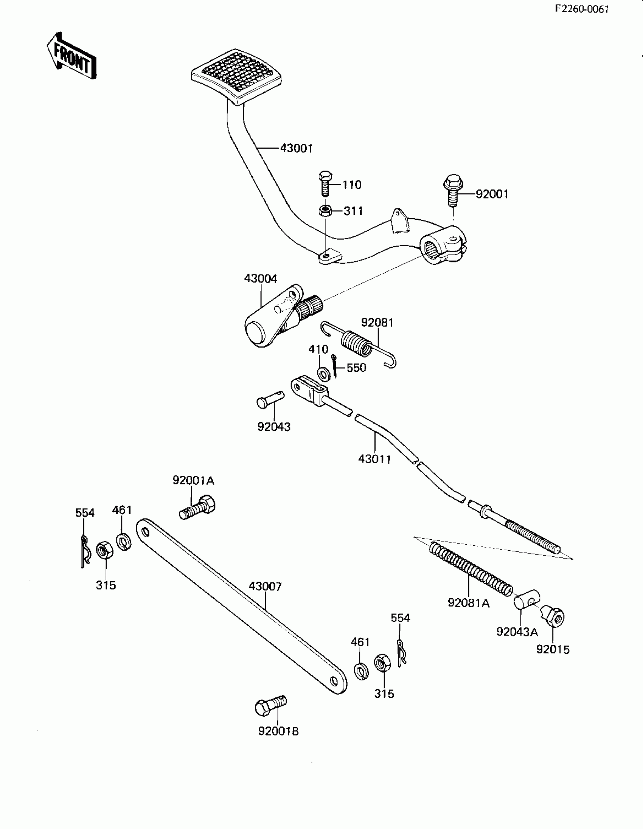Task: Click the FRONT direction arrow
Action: coord(71,56)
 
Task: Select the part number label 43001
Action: coord(296,148)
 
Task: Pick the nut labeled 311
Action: coord(325,211)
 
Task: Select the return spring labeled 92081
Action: coord(357,344)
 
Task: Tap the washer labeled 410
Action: coord(324,374)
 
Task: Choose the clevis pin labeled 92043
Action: coord(270,400)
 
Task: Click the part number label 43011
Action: coord(374,459)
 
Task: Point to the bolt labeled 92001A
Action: coord(197,508)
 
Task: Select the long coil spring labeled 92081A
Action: coord(471,568)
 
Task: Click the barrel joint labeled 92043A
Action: coord(527,601)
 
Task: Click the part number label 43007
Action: coord(265,587)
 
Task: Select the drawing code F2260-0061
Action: coord(581,9)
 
